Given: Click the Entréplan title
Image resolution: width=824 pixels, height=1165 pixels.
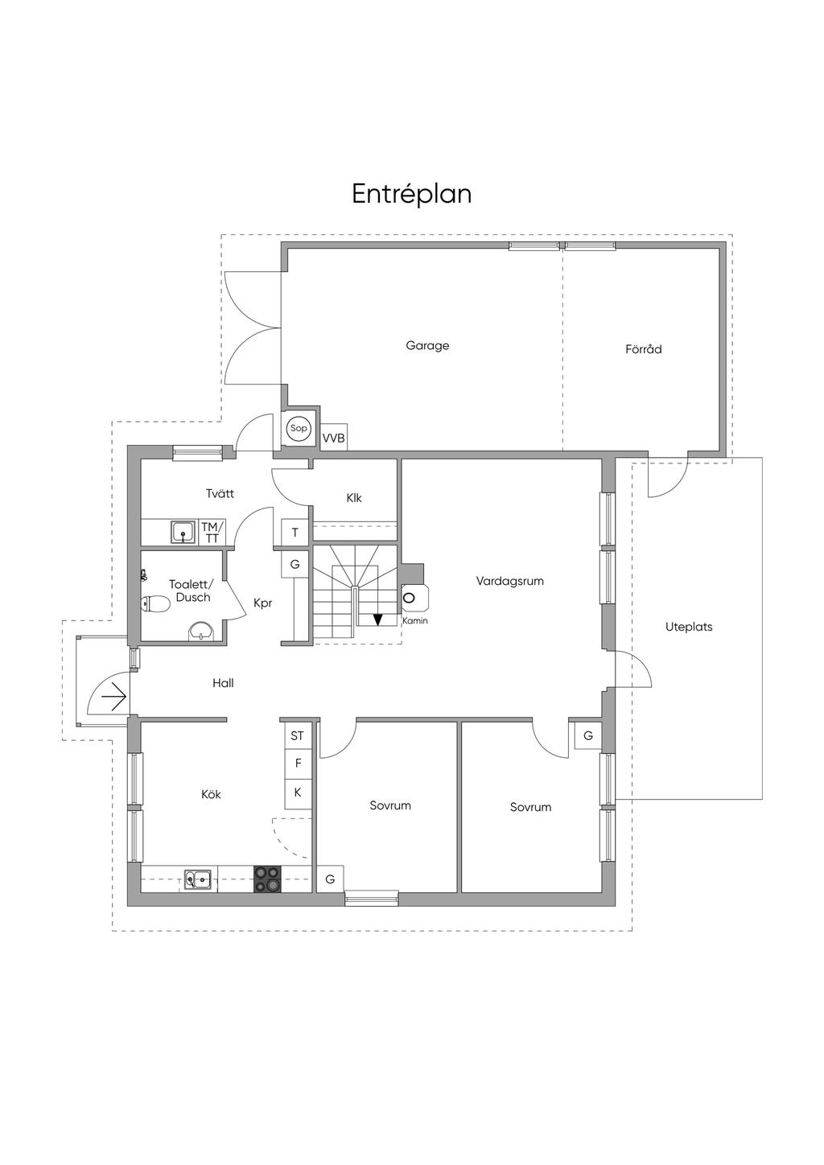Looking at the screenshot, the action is [x=411, y=195].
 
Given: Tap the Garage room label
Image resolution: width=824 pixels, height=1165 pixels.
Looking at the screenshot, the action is [x=427, y=346].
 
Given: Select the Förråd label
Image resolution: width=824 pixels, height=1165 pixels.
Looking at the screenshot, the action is [x=644, y=349].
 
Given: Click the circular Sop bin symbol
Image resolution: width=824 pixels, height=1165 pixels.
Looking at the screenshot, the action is [x=299, y=429].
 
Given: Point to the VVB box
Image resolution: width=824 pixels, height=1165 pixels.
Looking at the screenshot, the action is [x=333, y=438].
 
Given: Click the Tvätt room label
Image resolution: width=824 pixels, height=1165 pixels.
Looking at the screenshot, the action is [x=220, y=493].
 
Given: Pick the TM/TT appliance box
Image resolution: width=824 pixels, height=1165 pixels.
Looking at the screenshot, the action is [x=212, y=532].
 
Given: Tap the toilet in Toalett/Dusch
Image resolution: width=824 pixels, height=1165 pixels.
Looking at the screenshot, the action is [x=155, y=604].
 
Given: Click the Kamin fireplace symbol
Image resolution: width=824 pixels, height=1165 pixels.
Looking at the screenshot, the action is [x=414, y=598].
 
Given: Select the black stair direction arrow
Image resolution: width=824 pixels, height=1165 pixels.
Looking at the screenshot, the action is [x=377, y=620].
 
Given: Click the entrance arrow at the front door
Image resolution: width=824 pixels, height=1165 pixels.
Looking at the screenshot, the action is [x=114, y=695].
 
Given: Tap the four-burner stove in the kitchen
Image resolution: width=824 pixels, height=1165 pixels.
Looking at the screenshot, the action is [x=267, y=879].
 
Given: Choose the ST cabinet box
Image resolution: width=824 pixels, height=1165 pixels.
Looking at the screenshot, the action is [x=298, y=736].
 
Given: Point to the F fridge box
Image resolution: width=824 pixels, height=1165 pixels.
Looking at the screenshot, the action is [x=298, y=764].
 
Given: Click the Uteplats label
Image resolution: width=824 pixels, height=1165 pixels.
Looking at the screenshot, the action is [x=689, y=628].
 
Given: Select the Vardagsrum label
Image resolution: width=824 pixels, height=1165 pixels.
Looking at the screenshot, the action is [x=510, y=581].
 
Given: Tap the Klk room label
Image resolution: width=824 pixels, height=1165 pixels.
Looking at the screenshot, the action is [x=354, y=498].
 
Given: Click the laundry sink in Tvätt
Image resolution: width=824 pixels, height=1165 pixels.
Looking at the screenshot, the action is [x=183, y=532].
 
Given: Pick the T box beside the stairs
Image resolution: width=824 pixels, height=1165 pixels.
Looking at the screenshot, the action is [x=295, y=532].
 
